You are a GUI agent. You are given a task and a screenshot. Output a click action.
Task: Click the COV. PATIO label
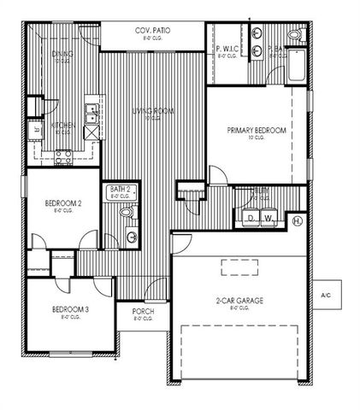click(x=153, y=31)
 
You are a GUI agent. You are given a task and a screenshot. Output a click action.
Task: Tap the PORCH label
click(x=143, y=312)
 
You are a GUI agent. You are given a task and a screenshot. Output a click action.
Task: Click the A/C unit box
click(x=326, y=295)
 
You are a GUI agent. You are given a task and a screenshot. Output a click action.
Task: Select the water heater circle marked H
click(x=297, y=220)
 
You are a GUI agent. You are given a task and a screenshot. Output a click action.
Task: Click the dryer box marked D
click(x=252, y=219)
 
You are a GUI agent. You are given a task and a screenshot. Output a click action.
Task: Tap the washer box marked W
click(x=269, y=219)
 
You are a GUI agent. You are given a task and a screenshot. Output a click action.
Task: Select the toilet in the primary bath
click(x=295, y=35)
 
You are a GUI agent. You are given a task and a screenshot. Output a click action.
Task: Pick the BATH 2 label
click(x=119, y=190)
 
